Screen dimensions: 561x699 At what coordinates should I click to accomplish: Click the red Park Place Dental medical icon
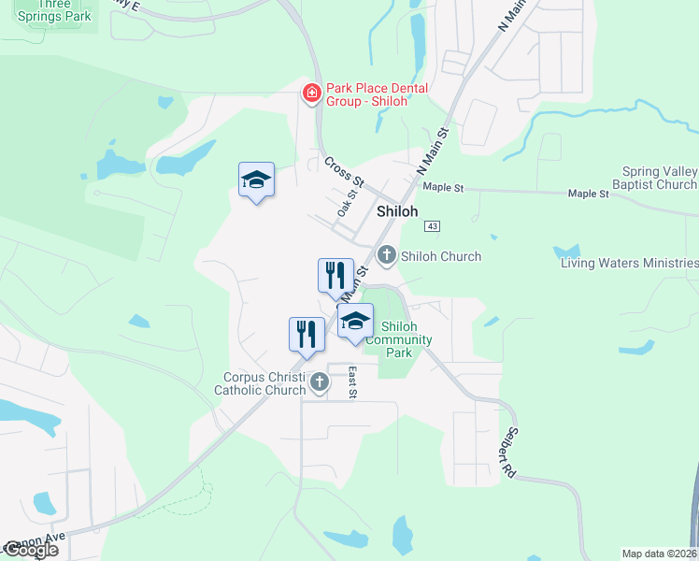[x=311, y=94]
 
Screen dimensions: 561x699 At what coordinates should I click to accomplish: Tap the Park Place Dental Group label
[x=377, y=94]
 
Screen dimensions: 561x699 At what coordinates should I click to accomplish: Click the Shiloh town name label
[x=397, y=211]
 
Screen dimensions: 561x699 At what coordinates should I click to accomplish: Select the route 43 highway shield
[x=432, y=226]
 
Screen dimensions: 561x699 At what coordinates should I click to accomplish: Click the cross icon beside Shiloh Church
[x=386, y=255]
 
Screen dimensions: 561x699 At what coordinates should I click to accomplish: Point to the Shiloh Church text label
[x=441, y=256]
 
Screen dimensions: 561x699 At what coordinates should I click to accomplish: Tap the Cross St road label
[x=343, y=170]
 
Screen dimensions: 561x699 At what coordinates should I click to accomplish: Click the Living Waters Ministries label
[x=629, y=263]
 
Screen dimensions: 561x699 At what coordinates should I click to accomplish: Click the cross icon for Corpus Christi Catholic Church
[x=320, y=381]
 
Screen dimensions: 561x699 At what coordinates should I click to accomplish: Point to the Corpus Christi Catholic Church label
[x=264, y=383]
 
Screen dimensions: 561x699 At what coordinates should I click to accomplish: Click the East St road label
[x=353, y=381]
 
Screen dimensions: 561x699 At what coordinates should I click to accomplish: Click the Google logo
[x=31, y=550]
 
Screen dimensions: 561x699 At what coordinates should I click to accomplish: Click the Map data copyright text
[x=659, y=553]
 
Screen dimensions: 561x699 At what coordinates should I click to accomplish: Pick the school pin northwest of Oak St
[x=256, y=180]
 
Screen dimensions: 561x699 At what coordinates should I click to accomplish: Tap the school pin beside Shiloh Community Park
[x=355, y=323]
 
